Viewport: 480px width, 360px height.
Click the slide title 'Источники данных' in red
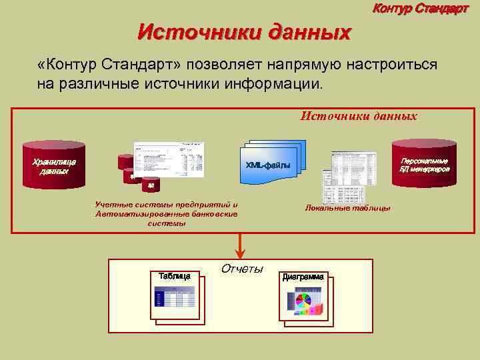244,31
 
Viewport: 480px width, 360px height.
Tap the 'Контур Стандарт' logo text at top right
421,9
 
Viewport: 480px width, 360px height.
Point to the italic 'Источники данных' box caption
359,116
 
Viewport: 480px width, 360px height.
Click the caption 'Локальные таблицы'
347,208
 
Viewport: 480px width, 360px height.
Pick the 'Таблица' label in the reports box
174,275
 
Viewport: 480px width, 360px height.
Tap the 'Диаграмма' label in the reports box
303,276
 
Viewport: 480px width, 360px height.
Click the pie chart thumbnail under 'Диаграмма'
305,303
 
